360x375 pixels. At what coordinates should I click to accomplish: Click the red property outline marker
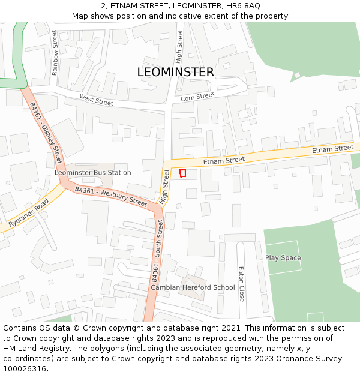[x=183, y=173]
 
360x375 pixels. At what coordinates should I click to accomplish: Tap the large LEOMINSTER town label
[x=175, y=72]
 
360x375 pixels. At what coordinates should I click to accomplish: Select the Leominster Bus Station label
[x=92, y=172]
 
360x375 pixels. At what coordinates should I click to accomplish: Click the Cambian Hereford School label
[x=193, y=287]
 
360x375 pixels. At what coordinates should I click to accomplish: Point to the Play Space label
[x=283, y=258]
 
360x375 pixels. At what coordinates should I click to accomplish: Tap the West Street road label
[x=96, y=100]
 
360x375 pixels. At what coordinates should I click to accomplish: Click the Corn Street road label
[x=197, y=97]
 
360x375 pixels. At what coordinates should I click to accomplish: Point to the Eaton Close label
[x=241, y=284]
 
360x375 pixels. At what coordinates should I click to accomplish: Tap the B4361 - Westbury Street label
[x=111, y=197]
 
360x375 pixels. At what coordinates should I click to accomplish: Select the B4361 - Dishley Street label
[x=46, y=133]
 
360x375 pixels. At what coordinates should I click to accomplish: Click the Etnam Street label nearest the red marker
[x=224, y=160]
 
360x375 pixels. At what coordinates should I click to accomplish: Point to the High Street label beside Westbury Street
[x=164, y=186]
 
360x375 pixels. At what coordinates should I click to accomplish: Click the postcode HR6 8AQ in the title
[x=243, y=5]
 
